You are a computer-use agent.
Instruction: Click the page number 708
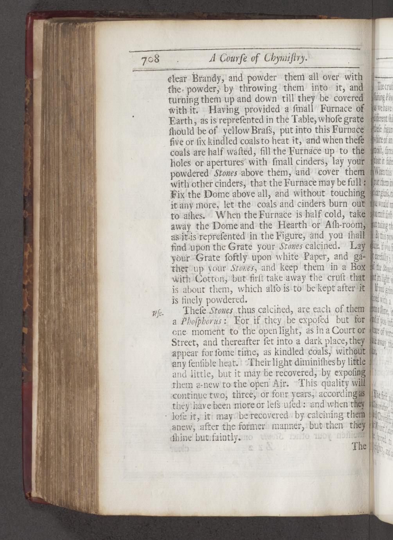click(x=151, y=59)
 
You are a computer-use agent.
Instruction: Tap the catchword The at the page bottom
click(x=359, y=446)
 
